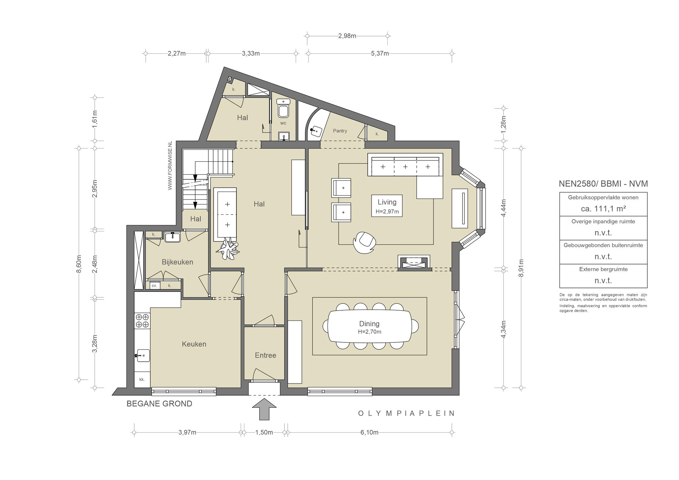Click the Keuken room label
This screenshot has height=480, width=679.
(x=194, y=344)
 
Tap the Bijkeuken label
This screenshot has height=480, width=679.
(x=177, y=262)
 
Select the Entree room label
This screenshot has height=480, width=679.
(x=265, y=355)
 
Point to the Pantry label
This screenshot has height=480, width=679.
(x=340, y=131)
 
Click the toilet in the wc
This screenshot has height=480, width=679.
(x=283, y=109)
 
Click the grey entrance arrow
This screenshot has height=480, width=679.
(x=264, y=409)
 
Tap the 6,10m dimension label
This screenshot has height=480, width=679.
(x=369, y=433)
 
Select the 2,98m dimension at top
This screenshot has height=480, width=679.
(x=347, y=36)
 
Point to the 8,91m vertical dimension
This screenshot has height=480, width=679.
(x=521, y=268)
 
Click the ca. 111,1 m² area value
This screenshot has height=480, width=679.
(x=603, y=209)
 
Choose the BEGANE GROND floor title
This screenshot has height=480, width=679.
(x=159, y=404)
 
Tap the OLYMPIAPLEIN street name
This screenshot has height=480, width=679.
(x=406, y=413)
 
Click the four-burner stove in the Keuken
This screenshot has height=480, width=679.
(x=142, y=321)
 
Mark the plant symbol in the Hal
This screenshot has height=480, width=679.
(x=227, y=248)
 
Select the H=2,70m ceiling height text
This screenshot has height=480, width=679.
(x=369, y=332)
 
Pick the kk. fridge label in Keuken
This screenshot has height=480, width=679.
(x=142, y=380)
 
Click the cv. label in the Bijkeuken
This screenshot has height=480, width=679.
(x=154, y=285)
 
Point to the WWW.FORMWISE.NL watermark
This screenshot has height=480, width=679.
(x=170, y=165)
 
